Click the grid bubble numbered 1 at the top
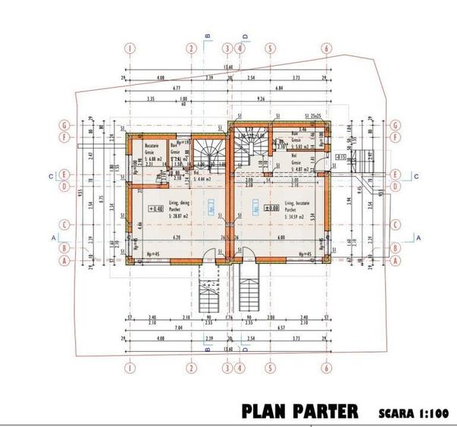click(130, 47)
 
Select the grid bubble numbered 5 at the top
click(269, 47)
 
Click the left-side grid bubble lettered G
click(66, 125)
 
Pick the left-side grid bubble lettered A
click(66, 259)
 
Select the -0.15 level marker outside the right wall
click(342, 157)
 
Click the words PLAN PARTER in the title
click(299, 412)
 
